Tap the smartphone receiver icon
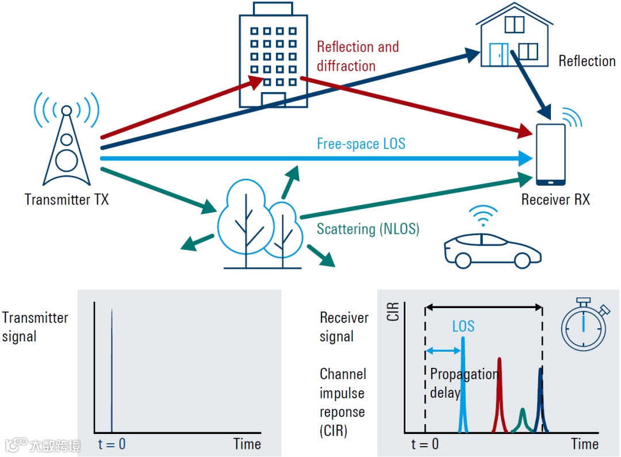point(550,154)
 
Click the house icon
point(514,36)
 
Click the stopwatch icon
point(584,326)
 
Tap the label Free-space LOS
point(361,143)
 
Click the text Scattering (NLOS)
point(368,229)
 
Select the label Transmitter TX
point(67,199)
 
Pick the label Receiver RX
point(555,199)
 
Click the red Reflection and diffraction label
point(358,56)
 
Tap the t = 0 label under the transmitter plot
point(111,444)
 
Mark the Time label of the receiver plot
point(585,444)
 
